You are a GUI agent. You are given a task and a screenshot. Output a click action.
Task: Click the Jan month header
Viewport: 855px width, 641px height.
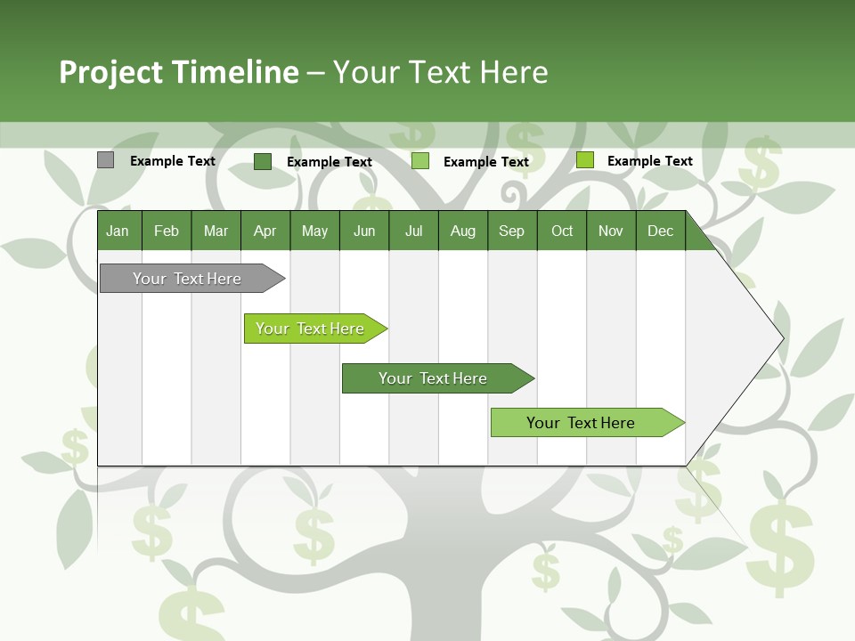pos(118,231)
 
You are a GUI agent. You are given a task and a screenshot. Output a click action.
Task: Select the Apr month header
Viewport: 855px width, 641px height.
pos(265,231)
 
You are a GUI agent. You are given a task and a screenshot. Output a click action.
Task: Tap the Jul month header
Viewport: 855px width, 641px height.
pos(413,231)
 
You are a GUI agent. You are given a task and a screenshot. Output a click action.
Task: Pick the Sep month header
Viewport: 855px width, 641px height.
pos(511,231)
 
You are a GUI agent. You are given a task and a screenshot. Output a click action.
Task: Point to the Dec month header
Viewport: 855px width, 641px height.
pos(660,231)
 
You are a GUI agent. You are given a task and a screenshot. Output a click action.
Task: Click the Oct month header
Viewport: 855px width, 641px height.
pos(562,231)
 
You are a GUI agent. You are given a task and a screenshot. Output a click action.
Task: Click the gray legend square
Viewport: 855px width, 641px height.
pos(105,160)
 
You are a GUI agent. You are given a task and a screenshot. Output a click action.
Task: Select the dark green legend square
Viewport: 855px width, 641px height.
pos(262,161)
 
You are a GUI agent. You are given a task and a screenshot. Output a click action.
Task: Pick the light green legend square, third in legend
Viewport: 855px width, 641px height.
pos(420,161)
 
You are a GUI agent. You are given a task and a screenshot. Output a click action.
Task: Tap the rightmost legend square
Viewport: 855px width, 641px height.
pos(584,160)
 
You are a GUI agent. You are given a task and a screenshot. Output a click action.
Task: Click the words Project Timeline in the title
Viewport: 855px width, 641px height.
pos(178,72)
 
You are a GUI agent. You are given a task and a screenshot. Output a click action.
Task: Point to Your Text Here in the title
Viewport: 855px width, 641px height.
pos(440,72)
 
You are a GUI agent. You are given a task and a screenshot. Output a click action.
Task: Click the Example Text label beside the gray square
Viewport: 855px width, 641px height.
pos(173,161)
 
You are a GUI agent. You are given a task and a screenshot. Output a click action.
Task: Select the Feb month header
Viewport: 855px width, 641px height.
pos(167,231)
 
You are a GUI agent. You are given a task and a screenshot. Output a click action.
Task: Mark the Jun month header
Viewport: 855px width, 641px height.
pos(364,231)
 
